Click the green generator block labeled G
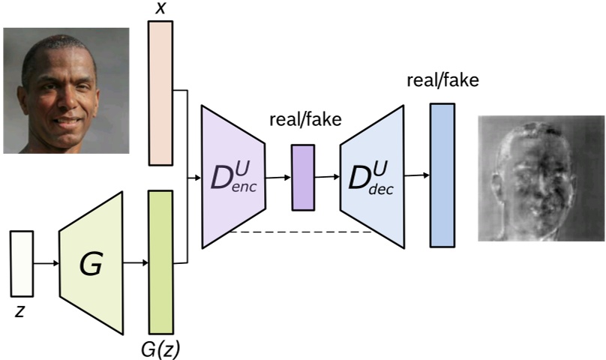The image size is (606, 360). pyautogui.click(x=91, y=263)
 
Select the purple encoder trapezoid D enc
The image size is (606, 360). pyautogui.click(x=232, y=177)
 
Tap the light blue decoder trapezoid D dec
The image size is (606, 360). pyautogui.click(x=372, y=177)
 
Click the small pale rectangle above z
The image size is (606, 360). pyautogui.click(x=22, y=263)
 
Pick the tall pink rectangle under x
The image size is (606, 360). pyautogui.click(x=160, y=92)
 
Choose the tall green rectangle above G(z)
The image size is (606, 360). pyautogui.click(x=160, y=262)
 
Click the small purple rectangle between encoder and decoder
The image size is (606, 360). pyautogui.click(x=303, y=177)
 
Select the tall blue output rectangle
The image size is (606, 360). pyautogui.click(x=442, y=175)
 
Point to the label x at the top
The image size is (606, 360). pyautogui.click(x=160, y=9)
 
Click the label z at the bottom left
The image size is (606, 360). pyautogui.click(x=20, y=310)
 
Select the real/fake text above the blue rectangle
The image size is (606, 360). pyautogui.click(x=442, y=80)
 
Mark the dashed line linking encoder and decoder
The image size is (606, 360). pyautogui.click(x=300, y=232)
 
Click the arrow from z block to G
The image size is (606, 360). pyautogui.click(x=46, y=263)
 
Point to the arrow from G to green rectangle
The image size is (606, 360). pyautogui.click(x=136, y=263)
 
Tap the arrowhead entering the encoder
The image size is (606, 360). pyautogui.click(x=196, y=178)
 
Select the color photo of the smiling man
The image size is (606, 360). pyautogui.click(x=65, y=90)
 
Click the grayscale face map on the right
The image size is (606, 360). pyautogui.click(x=541, y=178)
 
